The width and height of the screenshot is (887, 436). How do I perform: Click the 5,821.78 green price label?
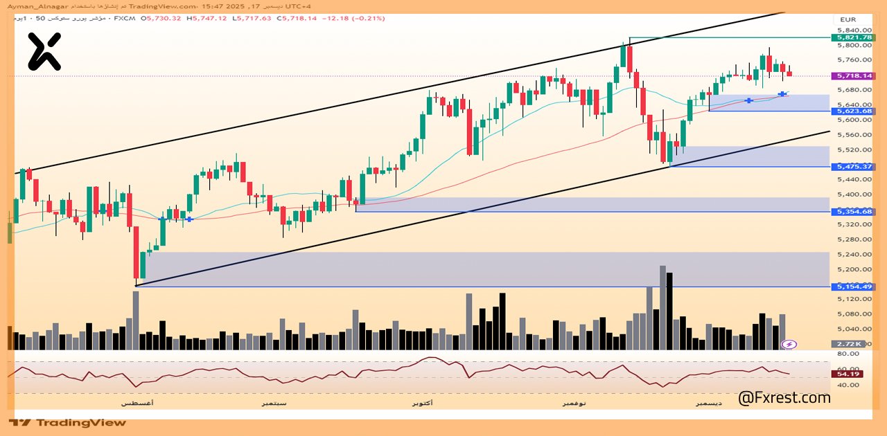coord(854,37)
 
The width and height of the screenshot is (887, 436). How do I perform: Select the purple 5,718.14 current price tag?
coord(854,75)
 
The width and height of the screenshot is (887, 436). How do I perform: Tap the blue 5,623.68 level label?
coord(854,111)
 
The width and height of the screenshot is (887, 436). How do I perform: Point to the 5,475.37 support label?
coord(854,167)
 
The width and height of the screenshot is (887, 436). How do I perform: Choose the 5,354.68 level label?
coord(854,212)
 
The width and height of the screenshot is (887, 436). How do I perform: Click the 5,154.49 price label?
coord(854,287)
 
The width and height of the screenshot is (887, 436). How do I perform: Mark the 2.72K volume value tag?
coord(848,344)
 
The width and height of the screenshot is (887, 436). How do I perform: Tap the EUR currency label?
coord(848,19)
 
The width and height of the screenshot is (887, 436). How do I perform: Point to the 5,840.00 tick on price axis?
coord(853,30)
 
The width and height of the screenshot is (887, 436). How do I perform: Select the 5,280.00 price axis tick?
coord(853,239)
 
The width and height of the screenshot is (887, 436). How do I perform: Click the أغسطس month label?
coord(137,402)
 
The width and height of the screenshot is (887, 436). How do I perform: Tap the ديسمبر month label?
coord(709,402)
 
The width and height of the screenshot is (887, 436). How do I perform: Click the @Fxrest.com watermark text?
coord(784,398)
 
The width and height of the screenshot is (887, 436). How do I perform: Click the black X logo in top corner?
coord(44,52)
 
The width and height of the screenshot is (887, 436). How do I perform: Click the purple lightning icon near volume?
coord(789,344)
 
